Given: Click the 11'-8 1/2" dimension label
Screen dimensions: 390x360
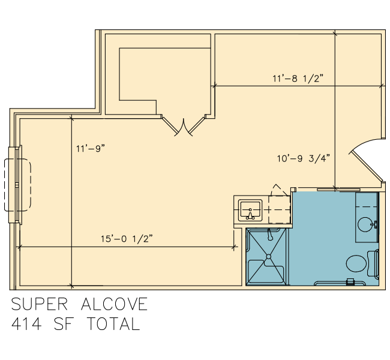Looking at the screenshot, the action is tap(298, 79).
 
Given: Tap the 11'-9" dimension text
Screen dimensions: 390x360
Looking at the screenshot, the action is tap(91, 149).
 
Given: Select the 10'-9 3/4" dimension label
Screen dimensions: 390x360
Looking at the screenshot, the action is tap(304, 158).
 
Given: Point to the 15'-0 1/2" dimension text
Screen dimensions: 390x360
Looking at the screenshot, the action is tap(127, 239).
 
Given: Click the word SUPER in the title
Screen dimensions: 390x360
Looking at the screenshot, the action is tap(39, 304).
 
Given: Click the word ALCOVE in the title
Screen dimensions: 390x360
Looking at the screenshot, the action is tap(115, 304).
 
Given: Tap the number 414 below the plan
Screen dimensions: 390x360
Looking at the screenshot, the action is tap(26, 323).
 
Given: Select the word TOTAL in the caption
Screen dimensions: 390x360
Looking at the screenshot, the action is tap(113, 323).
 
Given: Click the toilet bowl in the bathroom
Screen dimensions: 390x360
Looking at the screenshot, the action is tap(356, 263).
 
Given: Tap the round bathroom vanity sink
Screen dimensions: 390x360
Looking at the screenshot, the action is tap(365, 224).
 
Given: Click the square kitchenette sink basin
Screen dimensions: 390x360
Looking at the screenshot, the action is tap(250, 210).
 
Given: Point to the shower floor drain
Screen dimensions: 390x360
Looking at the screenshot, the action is tap(269, 257).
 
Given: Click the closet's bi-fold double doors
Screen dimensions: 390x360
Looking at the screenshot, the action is tap(184, 126).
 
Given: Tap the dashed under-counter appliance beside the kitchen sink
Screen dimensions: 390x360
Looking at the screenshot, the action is tap(280, 209).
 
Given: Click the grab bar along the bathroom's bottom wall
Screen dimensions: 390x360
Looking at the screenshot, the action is tap(340, 283).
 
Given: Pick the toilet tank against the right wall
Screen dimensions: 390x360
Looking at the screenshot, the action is tap(373, 263).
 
